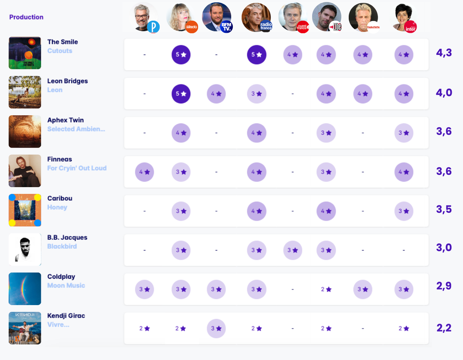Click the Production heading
tap(26, 17)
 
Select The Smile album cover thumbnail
tap(25, 53)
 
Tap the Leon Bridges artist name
tap(67, 81)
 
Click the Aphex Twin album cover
tap(25, 131)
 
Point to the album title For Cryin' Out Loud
tap(77, 168)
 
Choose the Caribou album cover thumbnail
tap(25, 210)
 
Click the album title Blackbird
tap(62, 247)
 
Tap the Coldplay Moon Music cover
tap(25, 289)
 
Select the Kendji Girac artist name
tap(66, 316)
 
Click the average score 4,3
tap(444, 53)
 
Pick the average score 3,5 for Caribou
tap(444, 210)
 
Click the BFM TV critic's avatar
tap(216, 17)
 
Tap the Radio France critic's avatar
tap(256, 17)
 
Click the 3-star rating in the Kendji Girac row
tap(216, 329)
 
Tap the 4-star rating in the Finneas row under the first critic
tap(144, 172)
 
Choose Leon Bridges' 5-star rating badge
tap(181, 94)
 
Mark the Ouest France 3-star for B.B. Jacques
tap(292, 250)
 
